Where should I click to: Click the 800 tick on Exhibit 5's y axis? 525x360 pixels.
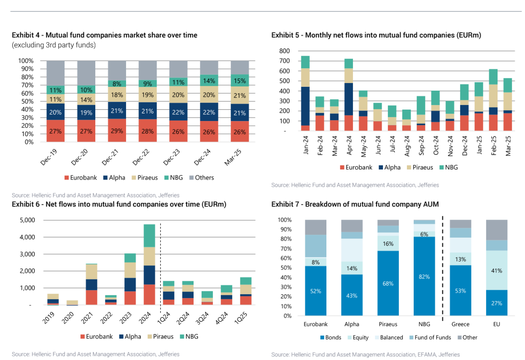(x=285, y=51)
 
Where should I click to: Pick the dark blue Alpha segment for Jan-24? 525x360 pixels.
(x=305, y=106)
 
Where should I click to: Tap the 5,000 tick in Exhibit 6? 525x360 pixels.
(x=27, y=220)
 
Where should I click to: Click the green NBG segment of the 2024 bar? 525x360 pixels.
(x=149, y=235)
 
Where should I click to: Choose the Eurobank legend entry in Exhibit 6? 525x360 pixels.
(x=97, y=336)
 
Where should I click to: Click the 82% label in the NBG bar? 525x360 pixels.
(x=424, y=277)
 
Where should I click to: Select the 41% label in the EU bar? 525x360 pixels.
(x=496, y=271)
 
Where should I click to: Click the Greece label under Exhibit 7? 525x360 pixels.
(x=460, y=324)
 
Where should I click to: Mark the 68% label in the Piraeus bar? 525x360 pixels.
(x=388, y=284)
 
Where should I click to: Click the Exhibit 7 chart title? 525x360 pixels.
(x=355, y=204)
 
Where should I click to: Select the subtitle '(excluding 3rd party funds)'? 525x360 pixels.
(x=54, y=45)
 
